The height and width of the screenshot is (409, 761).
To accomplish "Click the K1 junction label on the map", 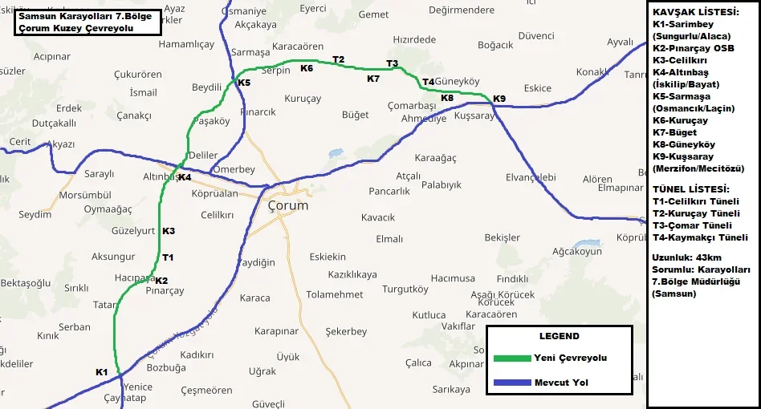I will point(101,371).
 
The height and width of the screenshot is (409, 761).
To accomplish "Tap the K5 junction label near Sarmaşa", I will point(244,82).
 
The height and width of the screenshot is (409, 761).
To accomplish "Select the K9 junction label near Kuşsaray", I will point(499,99).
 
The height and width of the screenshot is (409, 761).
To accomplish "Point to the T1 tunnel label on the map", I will point(168,257).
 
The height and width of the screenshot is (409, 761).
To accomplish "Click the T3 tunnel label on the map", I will point(392,63).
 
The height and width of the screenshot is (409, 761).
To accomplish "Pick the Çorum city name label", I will point(287,205).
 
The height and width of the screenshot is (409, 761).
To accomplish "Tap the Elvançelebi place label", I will point(530,176).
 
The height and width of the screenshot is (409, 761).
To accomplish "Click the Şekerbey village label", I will point(346,331).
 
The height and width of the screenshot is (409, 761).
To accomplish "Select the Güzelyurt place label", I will point(134,230).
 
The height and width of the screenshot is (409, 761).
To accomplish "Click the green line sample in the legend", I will point(510,358).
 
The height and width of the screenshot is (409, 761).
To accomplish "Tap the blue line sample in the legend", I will point(510,383).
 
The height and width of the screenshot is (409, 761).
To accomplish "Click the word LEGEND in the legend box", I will point(559,336).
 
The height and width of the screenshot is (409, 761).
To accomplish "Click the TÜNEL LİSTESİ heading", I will point(691,188).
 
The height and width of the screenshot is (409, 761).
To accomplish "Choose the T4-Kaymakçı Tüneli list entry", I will point(700,237).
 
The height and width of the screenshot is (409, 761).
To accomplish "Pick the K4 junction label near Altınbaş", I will point(185,177).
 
